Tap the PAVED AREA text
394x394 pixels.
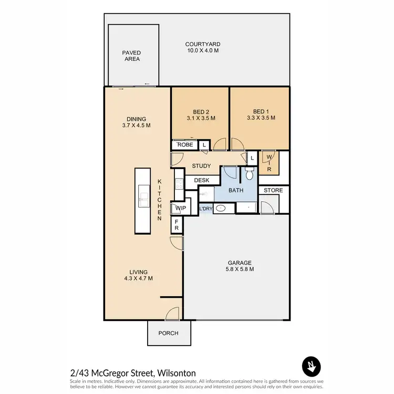point(131,56)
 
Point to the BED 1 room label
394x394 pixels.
point(261,115)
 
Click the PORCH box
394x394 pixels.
point(169,333)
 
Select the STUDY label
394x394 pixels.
point(201,167)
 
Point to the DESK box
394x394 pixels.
point(202,180)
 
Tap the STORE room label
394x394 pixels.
point(273,190)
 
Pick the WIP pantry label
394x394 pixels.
point(180,209)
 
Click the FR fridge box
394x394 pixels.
point(177,225)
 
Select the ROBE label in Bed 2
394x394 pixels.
point(184,144)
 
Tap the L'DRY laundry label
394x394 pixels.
point(205,209)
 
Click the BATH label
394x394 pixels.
point(235,190)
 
